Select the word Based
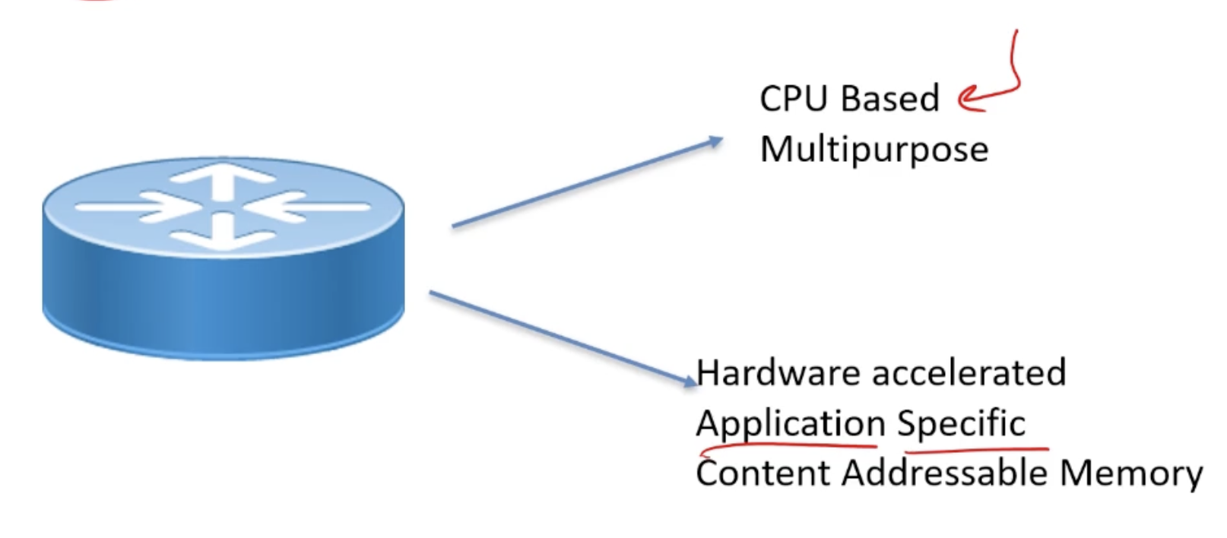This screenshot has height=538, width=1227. (x=890, y=99)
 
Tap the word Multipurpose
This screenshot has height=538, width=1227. (x=874, y=150)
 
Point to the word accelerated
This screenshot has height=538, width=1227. (x=969, y=373)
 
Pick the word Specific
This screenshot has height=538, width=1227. (x=961, y=423)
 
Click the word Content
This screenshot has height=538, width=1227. (x=763, y=473)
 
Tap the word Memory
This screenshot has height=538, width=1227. (x=1131, y=473)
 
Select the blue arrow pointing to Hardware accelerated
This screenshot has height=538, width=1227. (x=563, y=337)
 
